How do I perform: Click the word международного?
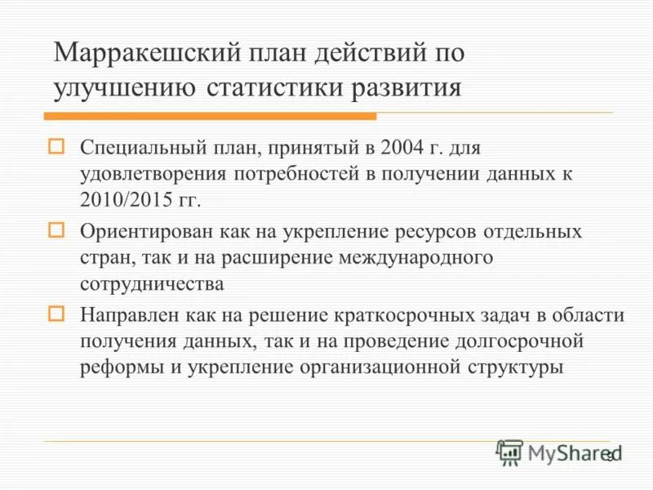tap(424, 257)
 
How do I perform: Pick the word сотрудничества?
tap(152, 283)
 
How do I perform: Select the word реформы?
tap(120, 367)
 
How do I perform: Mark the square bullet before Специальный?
tap(56, 148)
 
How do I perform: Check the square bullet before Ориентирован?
tap(56, 230)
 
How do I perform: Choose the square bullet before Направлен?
tap(56, 314)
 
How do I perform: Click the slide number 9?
tap(608, 457)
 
